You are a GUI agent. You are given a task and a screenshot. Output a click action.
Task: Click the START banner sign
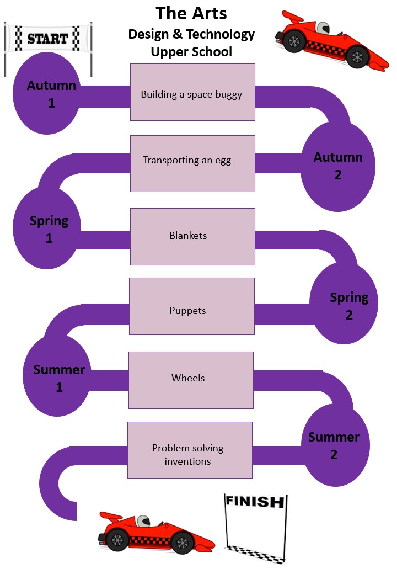(47, 39)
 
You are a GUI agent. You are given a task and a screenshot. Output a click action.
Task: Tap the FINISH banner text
(254, 502)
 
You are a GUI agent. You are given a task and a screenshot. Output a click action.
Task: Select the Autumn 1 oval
(52, 94)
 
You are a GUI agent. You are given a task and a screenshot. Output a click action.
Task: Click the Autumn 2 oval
(338, 166)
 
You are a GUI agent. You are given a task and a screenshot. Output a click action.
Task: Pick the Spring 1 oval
(49, 229)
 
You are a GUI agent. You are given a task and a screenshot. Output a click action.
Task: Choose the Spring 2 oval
(348, 306)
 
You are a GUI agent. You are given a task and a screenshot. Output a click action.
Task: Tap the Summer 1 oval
(58, 378)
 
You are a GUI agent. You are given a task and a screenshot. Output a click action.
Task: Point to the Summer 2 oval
(334, 446)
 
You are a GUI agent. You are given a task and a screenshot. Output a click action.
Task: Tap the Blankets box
(192, 236)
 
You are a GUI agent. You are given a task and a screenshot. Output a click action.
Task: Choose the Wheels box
(191, 380)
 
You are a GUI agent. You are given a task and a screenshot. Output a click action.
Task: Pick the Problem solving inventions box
(190, 450)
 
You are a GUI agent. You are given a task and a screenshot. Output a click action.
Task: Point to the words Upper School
(191, 52)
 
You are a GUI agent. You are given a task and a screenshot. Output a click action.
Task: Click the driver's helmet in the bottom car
(143, 520)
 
